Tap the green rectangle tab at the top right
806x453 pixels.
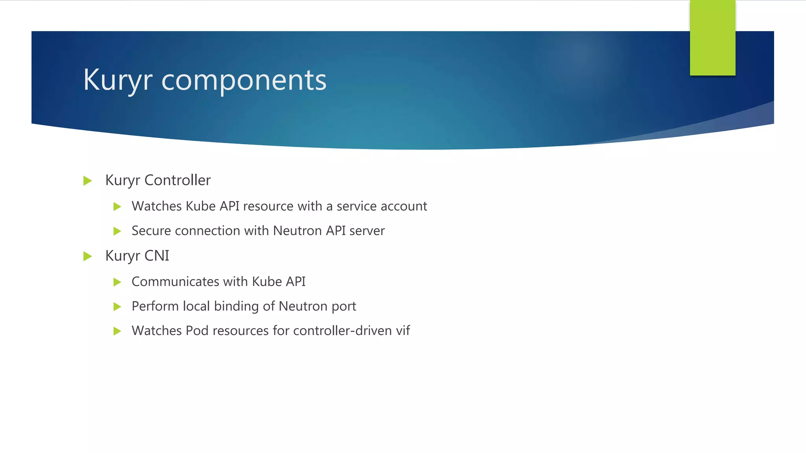[x=712, y=38]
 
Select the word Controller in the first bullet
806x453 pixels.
[x=177, y=180]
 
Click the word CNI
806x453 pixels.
[x=157, y=256]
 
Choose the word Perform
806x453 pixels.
[x=155, y=306]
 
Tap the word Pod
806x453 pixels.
[x=197, y=330]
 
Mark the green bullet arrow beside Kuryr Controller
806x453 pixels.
[x=88, y=181]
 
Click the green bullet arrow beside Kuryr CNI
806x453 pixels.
[x=88, y=256]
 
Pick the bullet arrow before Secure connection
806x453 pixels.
[x=117, y=231]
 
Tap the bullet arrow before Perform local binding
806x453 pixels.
[x=117, y=306]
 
